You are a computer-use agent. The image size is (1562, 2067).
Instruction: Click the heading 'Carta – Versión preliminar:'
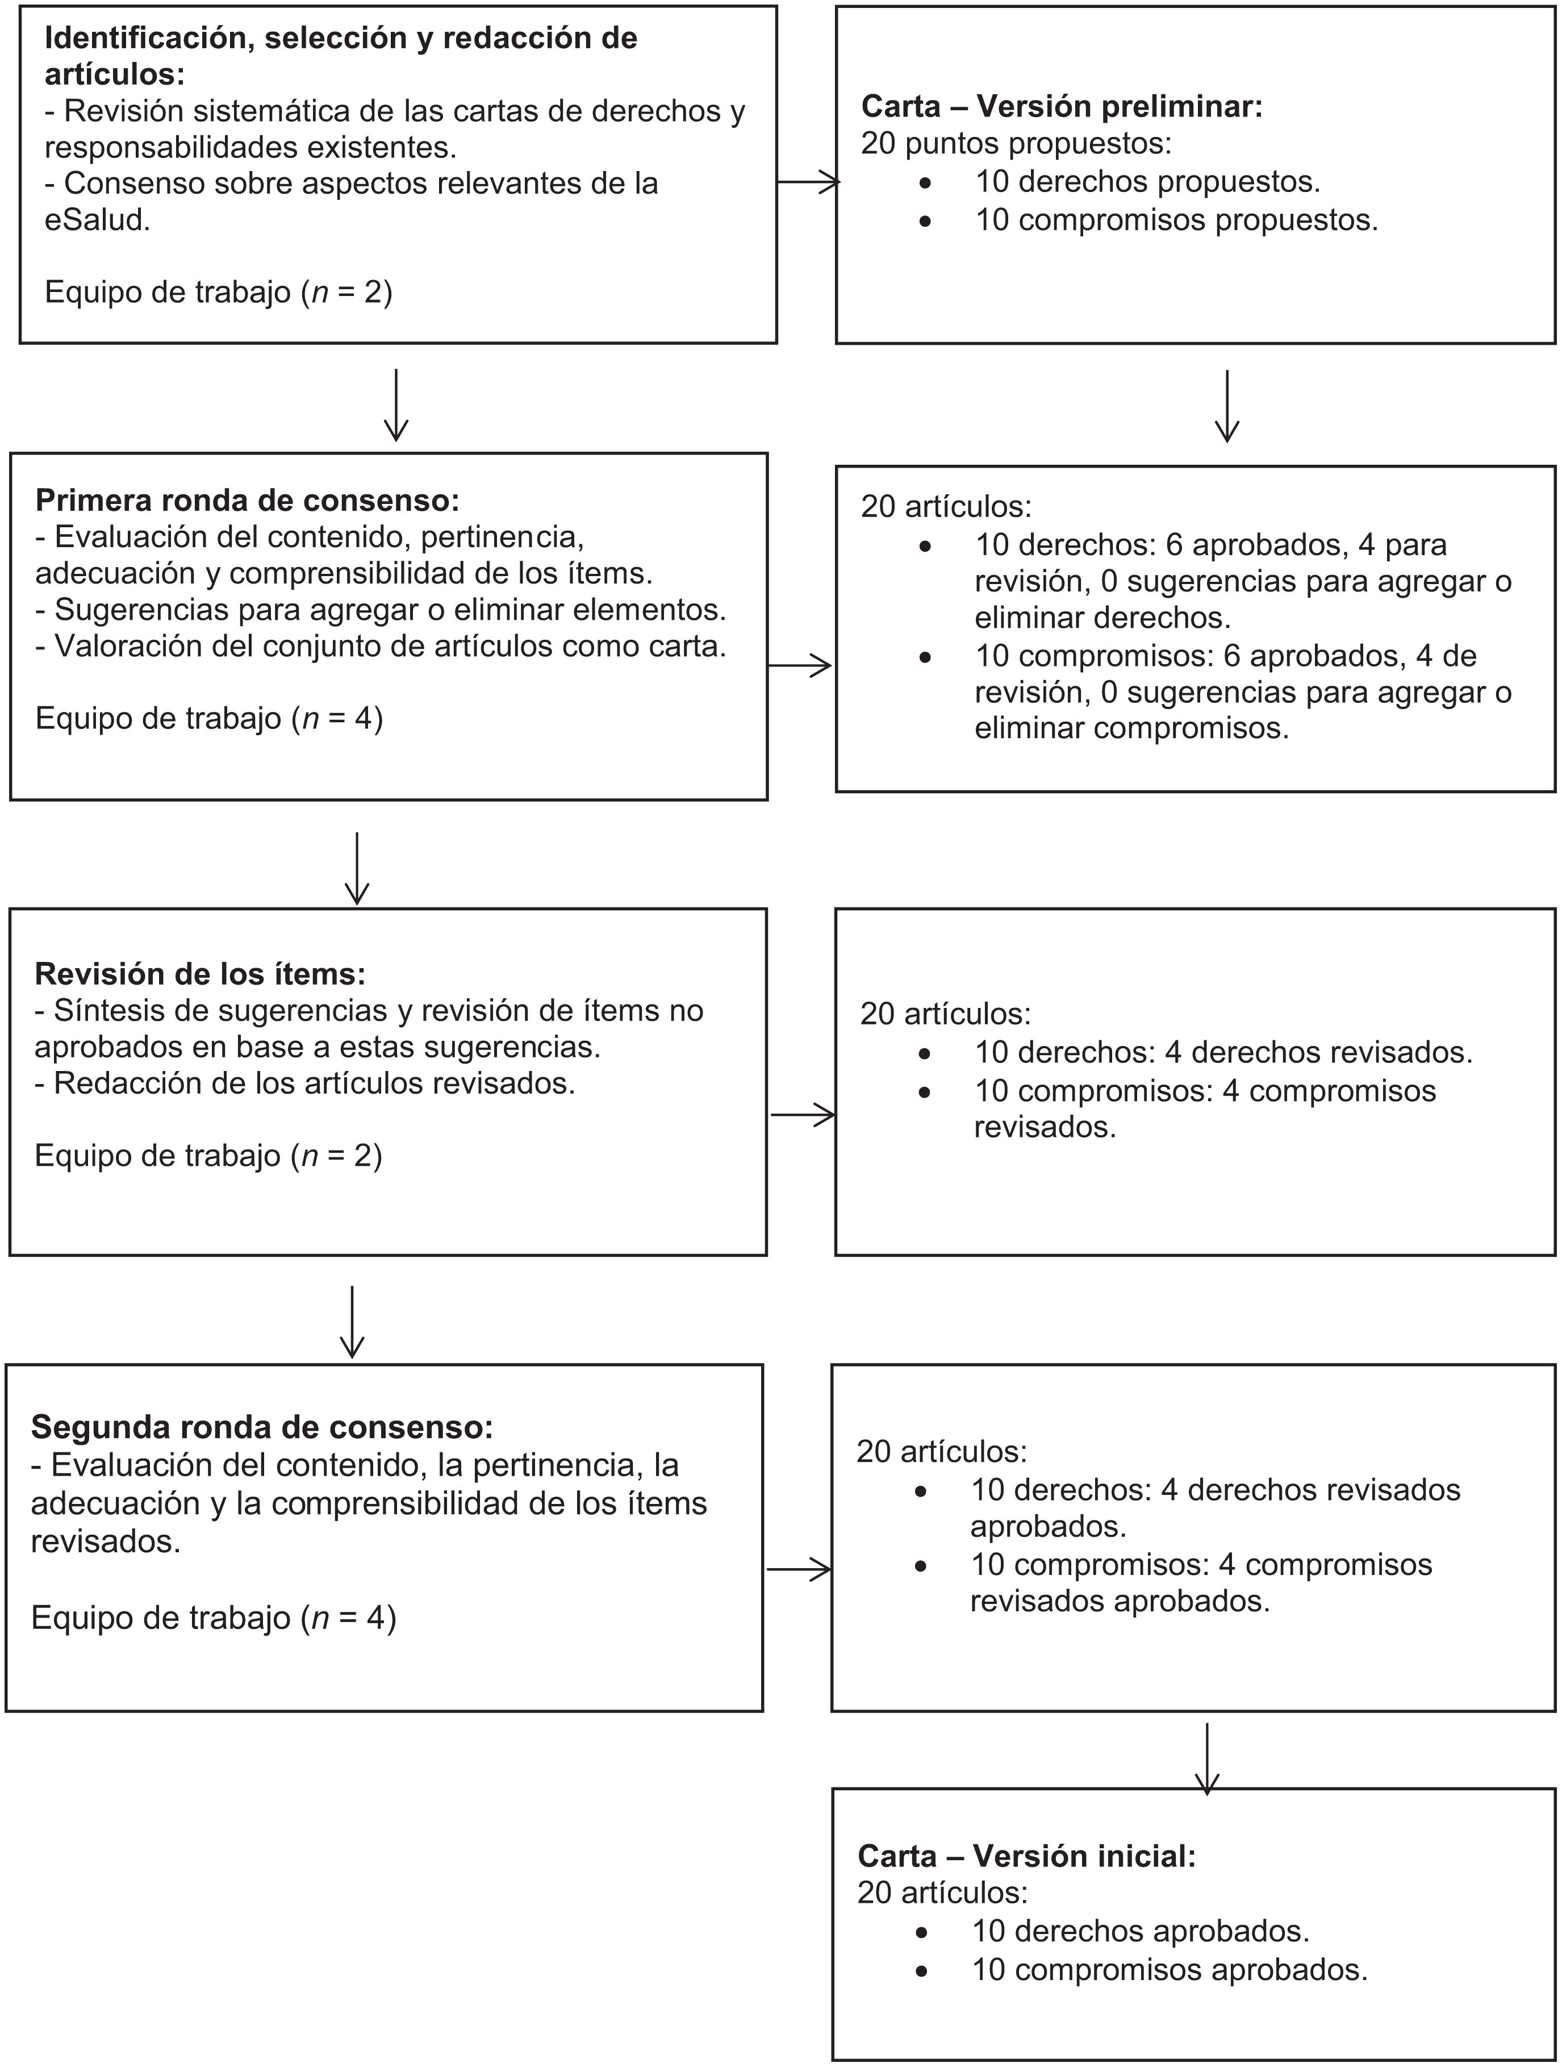click(1061, 106)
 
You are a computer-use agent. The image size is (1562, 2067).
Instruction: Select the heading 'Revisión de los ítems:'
click(200, 974)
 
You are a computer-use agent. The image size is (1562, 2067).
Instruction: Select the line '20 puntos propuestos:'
click(1016, 143)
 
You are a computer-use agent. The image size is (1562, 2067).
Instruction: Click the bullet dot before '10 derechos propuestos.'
click(925, 183)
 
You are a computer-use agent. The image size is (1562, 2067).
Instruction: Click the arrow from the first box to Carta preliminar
click(808, 183)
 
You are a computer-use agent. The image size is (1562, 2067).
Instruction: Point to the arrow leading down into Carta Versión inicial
click(1208, 1758)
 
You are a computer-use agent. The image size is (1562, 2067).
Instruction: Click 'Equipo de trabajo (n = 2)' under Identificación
click(219, 293)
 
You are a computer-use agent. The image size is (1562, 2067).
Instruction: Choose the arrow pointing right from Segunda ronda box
click(798, 1570)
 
